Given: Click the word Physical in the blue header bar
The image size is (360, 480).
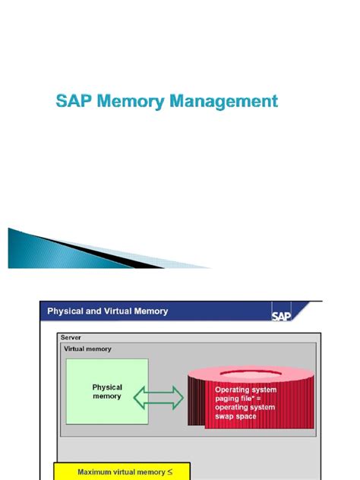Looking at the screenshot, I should [67, 311].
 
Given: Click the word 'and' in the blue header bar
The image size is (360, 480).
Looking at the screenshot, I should [94, 311].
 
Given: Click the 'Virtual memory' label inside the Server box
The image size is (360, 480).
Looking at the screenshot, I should [88, 349].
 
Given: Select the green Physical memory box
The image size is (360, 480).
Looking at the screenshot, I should [106, 392].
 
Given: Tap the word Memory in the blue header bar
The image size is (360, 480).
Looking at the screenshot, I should [151, 311].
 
